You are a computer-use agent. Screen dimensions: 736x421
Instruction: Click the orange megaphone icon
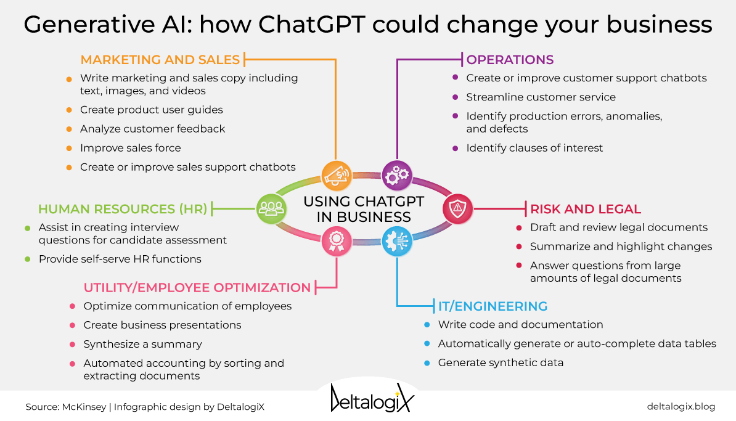[336, 176]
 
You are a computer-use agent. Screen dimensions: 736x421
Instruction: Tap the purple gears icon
[397, 176]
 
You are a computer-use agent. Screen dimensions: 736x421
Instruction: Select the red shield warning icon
[457, 209]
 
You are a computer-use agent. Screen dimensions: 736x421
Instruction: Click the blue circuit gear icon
[397, 242]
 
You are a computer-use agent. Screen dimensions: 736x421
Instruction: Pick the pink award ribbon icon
[336, 242]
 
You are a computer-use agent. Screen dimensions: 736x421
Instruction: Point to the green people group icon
[271, 209]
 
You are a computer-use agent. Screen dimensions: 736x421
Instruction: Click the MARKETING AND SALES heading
[160, 60]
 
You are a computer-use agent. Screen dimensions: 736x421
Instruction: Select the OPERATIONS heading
[510, 60]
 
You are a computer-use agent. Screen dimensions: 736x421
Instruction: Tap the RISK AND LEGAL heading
[586, 209]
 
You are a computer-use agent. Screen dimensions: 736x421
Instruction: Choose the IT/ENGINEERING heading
[493, 306]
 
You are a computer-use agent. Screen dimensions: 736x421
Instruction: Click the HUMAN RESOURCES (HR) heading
[123, 209]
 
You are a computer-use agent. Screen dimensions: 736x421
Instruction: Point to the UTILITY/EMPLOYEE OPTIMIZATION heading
[197, 287]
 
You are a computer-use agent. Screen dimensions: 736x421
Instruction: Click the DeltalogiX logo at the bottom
[372, 398]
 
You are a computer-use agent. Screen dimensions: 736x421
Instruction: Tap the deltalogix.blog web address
[681, 406]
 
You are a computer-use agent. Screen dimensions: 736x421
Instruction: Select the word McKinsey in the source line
[84, 406]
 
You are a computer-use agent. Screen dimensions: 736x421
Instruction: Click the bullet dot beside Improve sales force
[69, 149]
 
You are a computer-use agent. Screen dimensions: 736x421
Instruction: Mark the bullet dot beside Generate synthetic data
[427, 363]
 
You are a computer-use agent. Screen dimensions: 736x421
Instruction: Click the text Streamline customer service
[541, 97]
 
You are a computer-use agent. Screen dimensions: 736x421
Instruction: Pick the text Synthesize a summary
[142, 344]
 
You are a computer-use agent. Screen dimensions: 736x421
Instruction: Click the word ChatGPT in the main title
[312, 24]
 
